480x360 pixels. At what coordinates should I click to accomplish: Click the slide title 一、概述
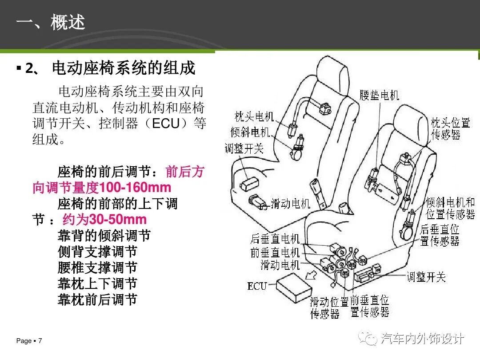tap(51, 22)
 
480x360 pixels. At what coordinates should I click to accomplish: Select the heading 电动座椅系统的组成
tap(124, 68)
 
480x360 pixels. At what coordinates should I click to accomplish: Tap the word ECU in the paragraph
tap(166, 124)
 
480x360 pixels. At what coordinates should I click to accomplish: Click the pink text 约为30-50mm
tap(105, 219)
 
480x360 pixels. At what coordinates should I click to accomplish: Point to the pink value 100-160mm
tap(135, 188)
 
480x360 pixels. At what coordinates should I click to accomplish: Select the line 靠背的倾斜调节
tap(104, 236)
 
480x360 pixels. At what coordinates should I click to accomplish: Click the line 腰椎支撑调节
tap(97, 268)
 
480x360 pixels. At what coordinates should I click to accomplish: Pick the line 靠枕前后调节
tap(97, 300)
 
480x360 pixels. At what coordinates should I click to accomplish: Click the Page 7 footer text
tap(29, 341)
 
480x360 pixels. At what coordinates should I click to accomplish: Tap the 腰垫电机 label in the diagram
tap(379, 95)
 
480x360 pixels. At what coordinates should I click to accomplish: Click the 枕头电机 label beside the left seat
tap(254, 116)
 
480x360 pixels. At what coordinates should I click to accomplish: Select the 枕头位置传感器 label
tap(450, 128)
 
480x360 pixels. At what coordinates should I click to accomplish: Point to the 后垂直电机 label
tap(275, 239)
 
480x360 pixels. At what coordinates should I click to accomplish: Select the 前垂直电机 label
tap(275, 252)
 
